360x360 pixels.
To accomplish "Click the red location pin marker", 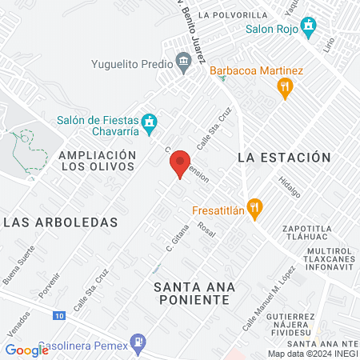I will tap(180, 162).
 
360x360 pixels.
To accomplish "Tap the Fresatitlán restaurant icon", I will tap(254, 210).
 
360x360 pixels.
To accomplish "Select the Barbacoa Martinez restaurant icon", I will tap(285, 90).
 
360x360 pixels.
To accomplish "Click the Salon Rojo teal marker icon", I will tap(308, 30).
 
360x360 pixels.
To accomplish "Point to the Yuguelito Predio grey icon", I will tap(183, 62).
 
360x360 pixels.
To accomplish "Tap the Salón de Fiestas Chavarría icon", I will tap(149, 122).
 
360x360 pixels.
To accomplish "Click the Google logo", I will tap(27, 350).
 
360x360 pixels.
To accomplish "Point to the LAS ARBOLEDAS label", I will tap(60, 222).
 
